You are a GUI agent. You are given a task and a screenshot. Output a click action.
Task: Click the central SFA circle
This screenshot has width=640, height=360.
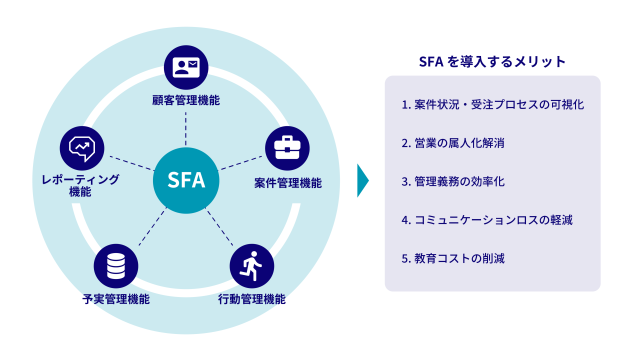(186, 181)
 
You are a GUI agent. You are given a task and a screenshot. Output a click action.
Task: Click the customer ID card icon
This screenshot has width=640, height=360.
(186, 68)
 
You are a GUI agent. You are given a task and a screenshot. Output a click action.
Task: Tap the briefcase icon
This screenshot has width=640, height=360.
(287, 148)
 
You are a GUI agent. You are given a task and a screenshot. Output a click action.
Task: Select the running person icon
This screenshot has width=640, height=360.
(251, 265)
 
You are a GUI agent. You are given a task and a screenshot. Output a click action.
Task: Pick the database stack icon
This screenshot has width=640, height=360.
(116, 265)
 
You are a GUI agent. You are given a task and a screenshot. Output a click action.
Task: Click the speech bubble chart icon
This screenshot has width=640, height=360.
(81, 148)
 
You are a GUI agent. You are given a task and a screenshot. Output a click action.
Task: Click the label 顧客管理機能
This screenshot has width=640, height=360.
(186, 100)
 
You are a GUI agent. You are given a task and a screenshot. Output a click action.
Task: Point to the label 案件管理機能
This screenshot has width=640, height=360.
(287, 182)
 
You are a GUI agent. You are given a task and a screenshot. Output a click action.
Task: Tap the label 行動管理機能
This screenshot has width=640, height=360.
(251, 298)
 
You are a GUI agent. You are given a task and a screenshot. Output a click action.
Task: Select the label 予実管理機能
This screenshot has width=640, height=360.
(116, 298)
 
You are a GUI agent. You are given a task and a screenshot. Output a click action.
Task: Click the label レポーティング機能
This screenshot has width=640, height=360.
(81, 185)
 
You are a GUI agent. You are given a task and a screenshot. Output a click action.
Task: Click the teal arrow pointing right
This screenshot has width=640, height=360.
(363, 181)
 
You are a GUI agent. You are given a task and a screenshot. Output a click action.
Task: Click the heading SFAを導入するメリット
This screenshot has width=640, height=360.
(492, 61)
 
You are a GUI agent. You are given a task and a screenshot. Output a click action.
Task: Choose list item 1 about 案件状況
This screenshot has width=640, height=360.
(492, 104)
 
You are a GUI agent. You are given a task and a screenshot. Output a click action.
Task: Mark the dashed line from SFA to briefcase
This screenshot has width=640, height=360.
(240, 164)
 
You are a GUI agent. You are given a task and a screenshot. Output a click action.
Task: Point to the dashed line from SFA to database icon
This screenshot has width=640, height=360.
(147, 228)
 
